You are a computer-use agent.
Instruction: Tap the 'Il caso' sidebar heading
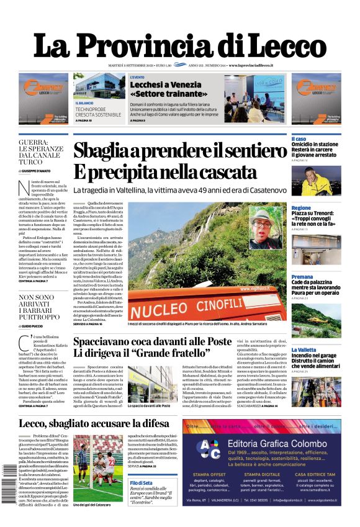tap(299, 138)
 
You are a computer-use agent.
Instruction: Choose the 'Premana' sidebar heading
tap(302, 277)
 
